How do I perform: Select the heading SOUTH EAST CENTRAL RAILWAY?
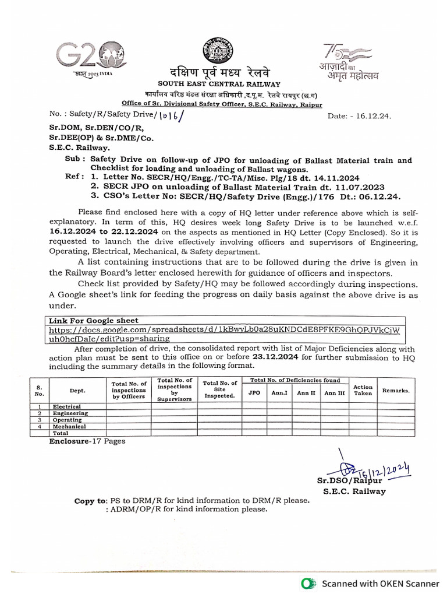217,85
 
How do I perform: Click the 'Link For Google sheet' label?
94,321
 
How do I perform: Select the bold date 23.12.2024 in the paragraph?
276,358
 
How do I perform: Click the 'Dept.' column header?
77,391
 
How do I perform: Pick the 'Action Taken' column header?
363,390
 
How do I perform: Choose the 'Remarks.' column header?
396,391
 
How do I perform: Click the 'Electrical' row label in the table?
67,406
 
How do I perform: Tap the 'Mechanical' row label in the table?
69,427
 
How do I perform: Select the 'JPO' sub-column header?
254,393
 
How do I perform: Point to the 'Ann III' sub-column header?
334,393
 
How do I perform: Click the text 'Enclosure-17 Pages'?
87,441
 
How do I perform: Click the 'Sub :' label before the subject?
76,160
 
